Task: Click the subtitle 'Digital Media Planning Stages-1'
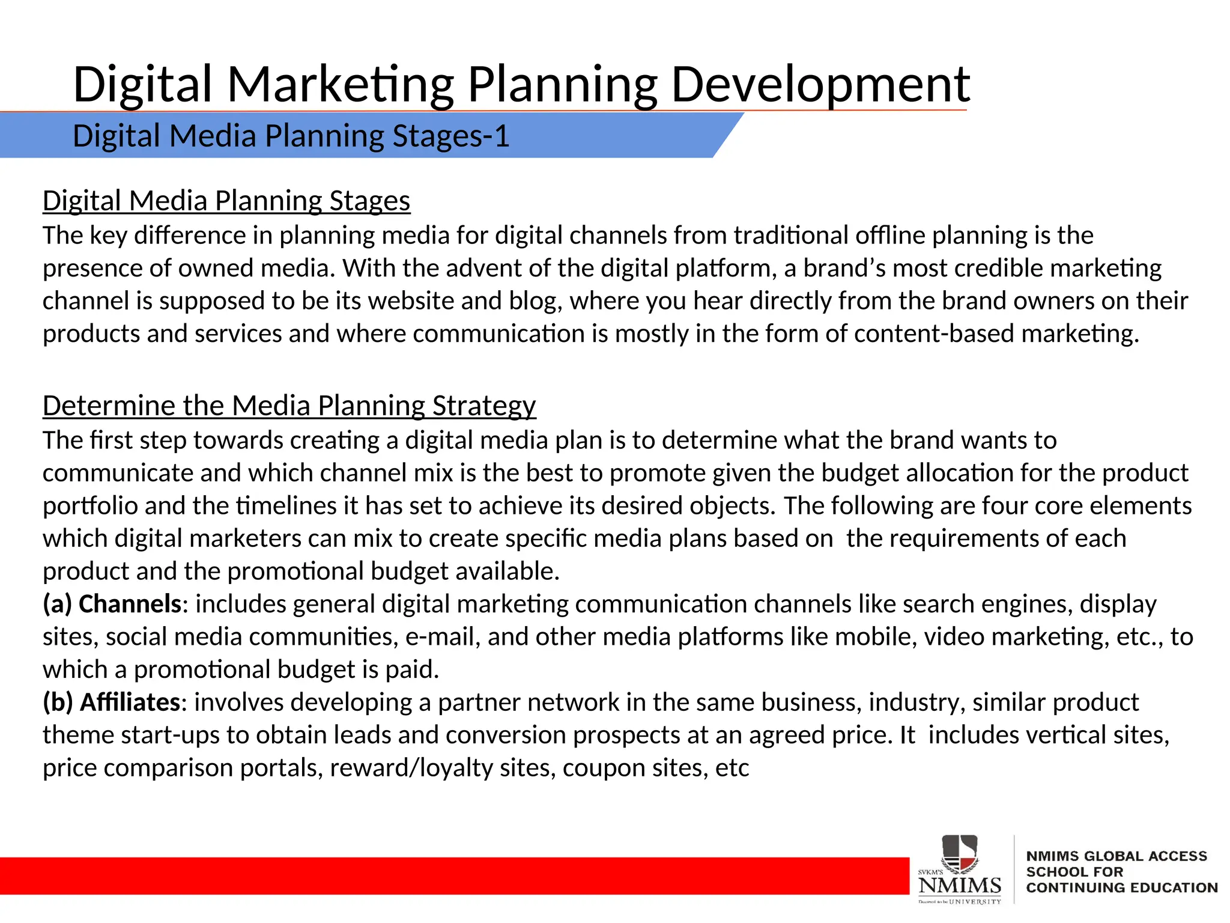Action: tap(291, 136)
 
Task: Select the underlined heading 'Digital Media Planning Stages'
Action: tap(226, 201)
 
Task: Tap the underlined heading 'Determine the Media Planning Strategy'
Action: tap(289, 406)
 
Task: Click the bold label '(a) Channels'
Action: tap(112, 604)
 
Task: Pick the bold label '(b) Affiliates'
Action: tap(112, 702)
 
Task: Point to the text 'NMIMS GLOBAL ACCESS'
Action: tap(1116, 856)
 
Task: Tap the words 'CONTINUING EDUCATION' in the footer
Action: tap(1121, 888)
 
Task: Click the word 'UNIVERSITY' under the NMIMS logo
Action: tap(975, 901)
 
